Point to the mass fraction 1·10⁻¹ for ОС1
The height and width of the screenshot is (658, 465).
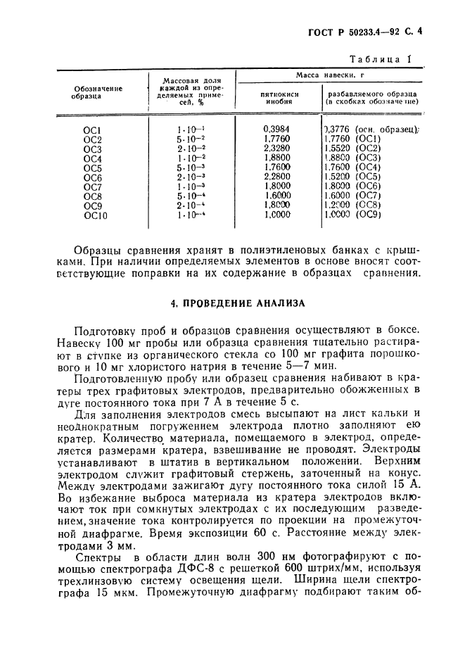pyautogui.click(x=191, y=129)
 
